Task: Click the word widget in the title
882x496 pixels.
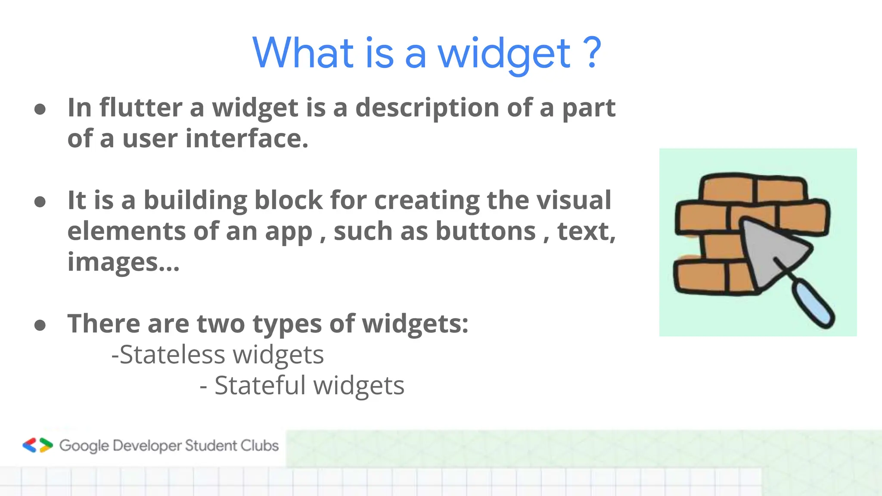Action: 504,54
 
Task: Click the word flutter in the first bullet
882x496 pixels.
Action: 141,107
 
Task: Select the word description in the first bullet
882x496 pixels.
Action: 427,108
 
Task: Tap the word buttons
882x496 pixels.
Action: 485,231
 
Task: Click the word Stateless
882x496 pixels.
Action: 172,355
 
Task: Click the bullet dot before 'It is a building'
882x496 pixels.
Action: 40,201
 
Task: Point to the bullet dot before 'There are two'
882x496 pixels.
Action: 40,325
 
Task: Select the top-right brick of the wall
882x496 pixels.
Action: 780,189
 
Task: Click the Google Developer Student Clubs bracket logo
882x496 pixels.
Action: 37,445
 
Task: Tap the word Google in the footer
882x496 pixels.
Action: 84,446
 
